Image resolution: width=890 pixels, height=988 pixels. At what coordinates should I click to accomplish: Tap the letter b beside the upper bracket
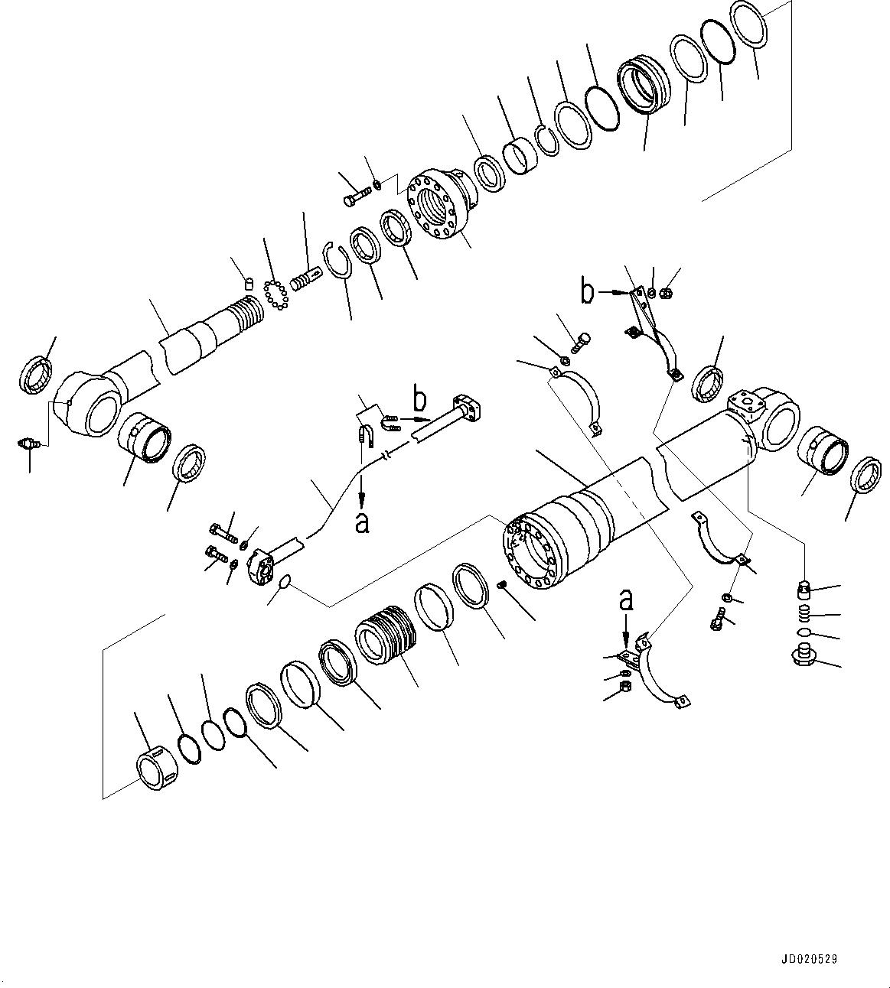tap(587, 291)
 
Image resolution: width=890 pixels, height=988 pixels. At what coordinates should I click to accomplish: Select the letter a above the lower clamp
tap(626, 600)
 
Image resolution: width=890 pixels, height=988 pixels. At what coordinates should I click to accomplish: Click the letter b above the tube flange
tap(419, 399)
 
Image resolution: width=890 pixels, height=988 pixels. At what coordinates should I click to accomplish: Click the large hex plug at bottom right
tap(803, 656)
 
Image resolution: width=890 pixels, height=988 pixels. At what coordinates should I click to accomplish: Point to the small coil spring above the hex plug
tap(802, 613)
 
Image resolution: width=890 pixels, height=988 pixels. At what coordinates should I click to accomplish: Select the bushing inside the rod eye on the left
tap(143, 437)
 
